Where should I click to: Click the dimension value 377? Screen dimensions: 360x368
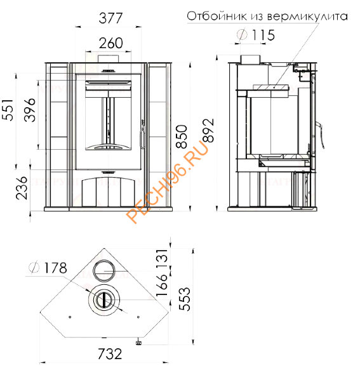coord(110,18)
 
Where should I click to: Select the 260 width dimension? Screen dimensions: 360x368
coord(110,43)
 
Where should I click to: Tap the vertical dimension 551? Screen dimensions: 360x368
coord(8,110)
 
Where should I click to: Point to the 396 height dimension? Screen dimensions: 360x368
coord(30,110)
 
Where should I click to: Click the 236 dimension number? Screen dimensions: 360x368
coord(22,188)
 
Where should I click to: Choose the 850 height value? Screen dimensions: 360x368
coord(182,136)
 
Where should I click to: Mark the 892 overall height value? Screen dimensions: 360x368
coord(208,131)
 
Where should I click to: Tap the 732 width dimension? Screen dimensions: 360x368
coord(110,354)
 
